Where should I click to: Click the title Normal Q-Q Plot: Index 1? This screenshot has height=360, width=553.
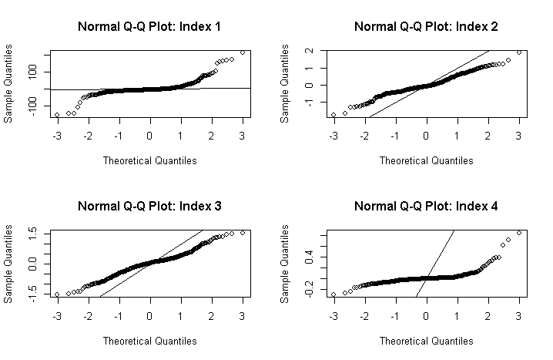click(149, 27)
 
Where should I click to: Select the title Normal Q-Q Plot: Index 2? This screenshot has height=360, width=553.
click(426, 27)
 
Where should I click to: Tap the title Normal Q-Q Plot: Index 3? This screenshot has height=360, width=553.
click(149, 207)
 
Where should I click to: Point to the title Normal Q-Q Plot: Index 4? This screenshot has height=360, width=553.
click(426, 207)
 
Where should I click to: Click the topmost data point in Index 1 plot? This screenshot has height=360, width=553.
click(243, 52)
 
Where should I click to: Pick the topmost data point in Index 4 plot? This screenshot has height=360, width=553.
click(519, 233)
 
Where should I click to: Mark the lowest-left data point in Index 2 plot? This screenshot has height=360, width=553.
click(333, 115)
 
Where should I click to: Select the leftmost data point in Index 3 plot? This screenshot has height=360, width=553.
click(57, 294)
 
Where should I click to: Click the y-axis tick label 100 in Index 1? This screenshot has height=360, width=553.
click(35, 72)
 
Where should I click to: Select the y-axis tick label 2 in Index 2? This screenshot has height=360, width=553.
click(312, 51)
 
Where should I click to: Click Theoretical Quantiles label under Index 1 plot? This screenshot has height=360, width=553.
click(149, 160)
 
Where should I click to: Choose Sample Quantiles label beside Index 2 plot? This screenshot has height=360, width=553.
click(285, 84)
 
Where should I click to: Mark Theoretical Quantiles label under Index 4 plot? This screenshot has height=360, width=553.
click(426, 341)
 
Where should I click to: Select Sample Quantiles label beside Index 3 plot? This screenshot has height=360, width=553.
click(8, 264)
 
